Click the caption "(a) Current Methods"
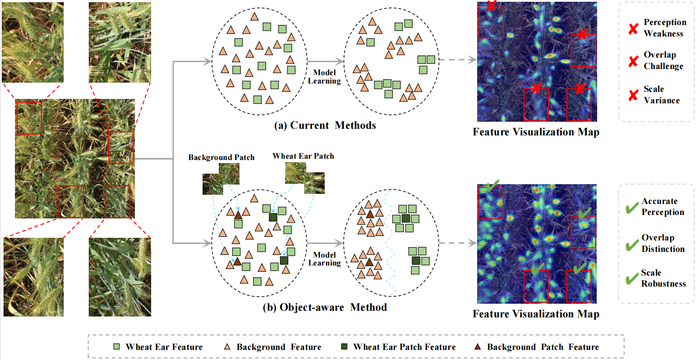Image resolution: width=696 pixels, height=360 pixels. tap(325, 126)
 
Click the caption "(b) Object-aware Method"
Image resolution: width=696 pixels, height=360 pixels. tap(325, 307)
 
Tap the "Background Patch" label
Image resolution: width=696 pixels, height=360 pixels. tap(221, 157)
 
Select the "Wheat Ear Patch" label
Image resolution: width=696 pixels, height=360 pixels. tap(303, 156)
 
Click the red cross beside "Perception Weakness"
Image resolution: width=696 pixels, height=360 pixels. tap(633, 29)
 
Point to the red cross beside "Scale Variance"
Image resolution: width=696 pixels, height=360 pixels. tap(633, 95)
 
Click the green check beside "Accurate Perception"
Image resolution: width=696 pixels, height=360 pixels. tap(632, 207)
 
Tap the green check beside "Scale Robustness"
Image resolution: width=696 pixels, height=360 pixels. tap(632, 279)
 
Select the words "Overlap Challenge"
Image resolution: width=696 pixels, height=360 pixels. tap(663, 60)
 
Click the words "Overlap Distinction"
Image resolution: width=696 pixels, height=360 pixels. tap(663, 243)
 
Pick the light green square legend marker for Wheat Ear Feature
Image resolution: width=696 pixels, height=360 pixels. tap(116, 347)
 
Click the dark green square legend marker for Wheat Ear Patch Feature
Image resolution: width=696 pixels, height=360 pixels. tap(344, 347)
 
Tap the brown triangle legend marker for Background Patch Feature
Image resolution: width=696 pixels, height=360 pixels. tap(478, 347)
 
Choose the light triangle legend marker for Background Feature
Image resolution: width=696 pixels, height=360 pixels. tap(227, 347)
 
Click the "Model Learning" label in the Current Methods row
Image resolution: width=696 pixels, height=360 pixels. tap(324, 76)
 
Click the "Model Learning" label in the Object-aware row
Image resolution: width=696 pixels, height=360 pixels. tap(324, 259)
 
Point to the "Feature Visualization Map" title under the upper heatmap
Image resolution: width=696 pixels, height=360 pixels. tap(536, 132)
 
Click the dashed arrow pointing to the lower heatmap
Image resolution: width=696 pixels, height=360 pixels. tap(457, 243)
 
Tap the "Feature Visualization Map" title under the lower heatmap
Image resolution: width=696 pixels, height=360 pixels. tap(536, 314)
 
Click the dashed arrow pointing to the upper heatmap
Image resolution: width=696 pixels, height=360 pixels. tap(457, 60)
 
